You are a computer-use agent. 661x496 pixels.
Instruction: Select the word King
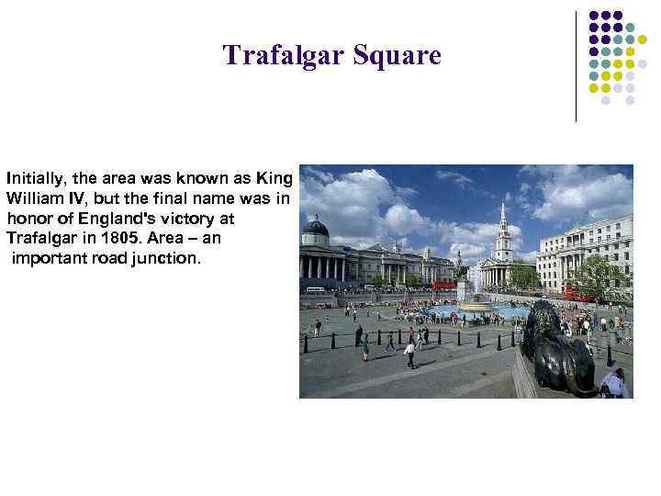[275, 176]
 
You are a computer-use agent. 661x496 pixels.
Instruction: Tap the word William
[34, 197]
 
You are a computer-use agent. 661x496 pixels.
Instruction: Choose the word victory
[207, 218]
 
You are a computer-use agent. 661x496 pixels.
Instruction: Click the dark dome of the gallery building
[316, 227]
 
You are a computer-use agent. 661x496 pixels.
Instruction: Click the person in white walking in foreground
[409, 352]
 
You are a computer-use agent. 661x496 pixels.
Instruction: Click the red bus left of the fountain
[444, 286]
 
